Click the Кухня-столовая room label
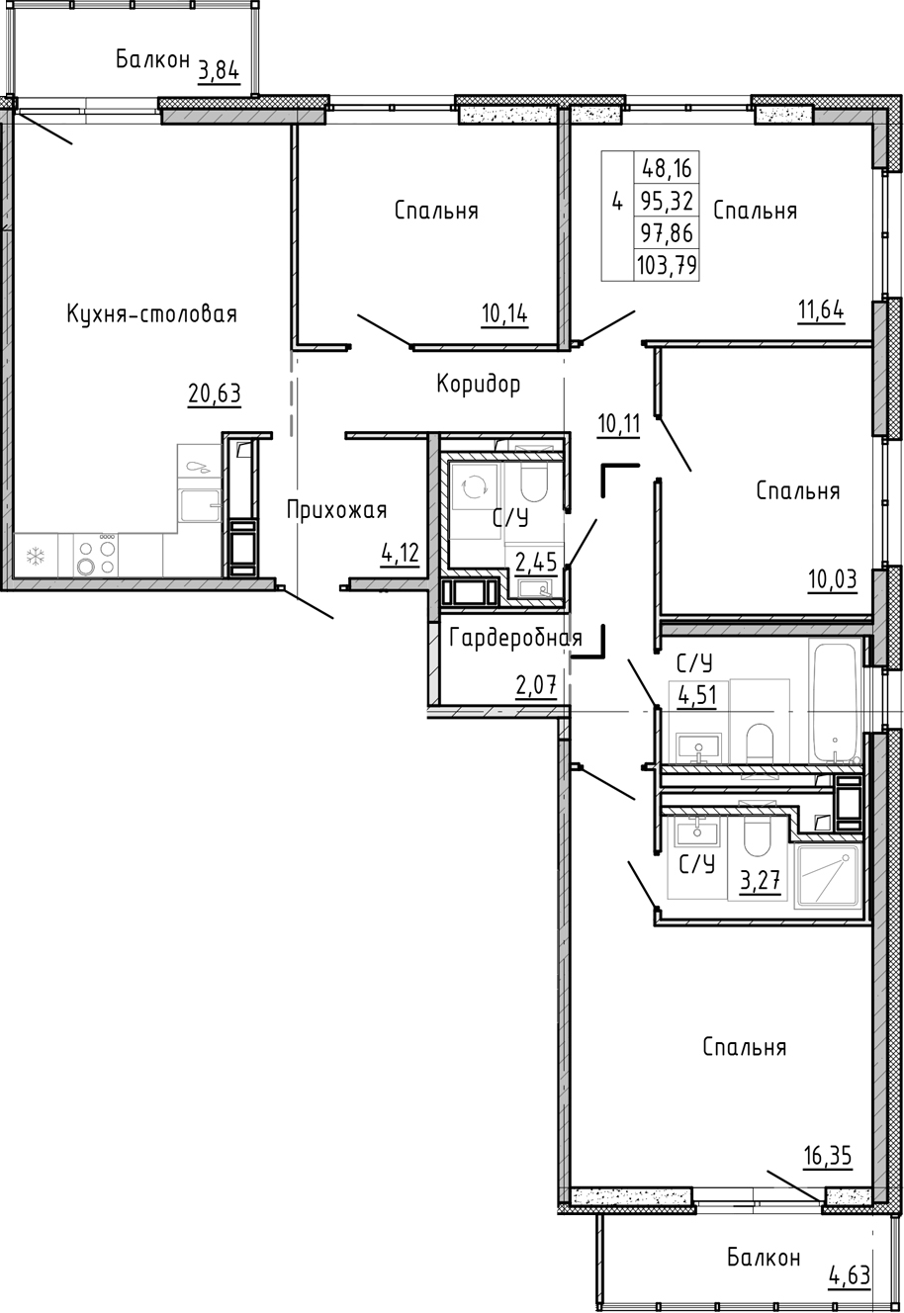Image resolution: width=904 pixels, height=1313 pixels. pyautogui.click(x=151, y=314)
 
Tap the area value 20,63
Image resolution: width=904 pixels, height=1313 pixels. pyautogui.click(x=215, y=394)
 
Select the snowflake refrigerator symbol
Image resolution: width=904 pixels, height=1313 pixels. pyautogui.click(x=35, y=556)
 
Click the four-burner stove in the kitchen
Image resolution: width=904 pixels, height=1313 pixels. pyautogui.click(x=95, y=555)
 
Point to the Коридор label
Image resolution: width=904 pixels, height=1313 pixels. pyautogui.click(x=478, y=384)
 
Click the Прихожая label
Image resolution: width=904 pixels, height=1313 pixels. pyautogui.click(x=336, y=510)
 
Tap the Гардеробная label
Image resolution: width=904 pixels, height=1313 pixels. pyautogui.click(x=514, y=638)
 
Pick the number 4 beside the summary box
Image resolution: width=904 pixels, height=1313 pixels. pyautogui.click(x=617, y=203)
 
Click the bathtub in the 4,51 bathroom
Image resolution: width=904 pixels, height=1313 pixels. pyautogui.click(x=836, y=701)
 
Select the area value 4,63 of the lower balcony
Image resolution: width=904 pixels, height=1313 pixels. pyautogui.click(x=849, y=1275)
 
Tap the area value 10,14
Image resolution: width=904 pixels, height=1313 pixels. pyautogui.click(x=504, y=314)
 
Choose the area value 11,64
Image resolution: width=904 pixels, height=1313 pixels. pyautogui.click(x=821, y=311)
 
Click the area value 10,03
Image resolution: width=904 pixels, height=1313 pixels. pyautogui.click(x=832, y=579)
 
